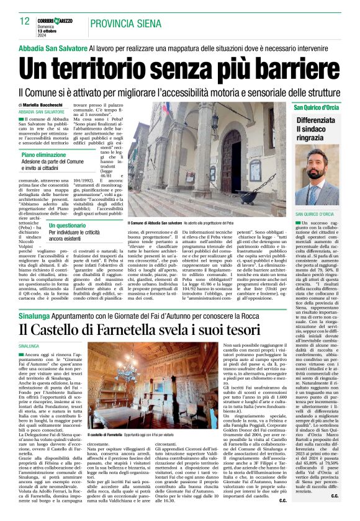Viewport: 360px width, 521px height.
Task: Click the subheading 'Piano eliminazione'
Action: pyautogui.click(x=44, y=154)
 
